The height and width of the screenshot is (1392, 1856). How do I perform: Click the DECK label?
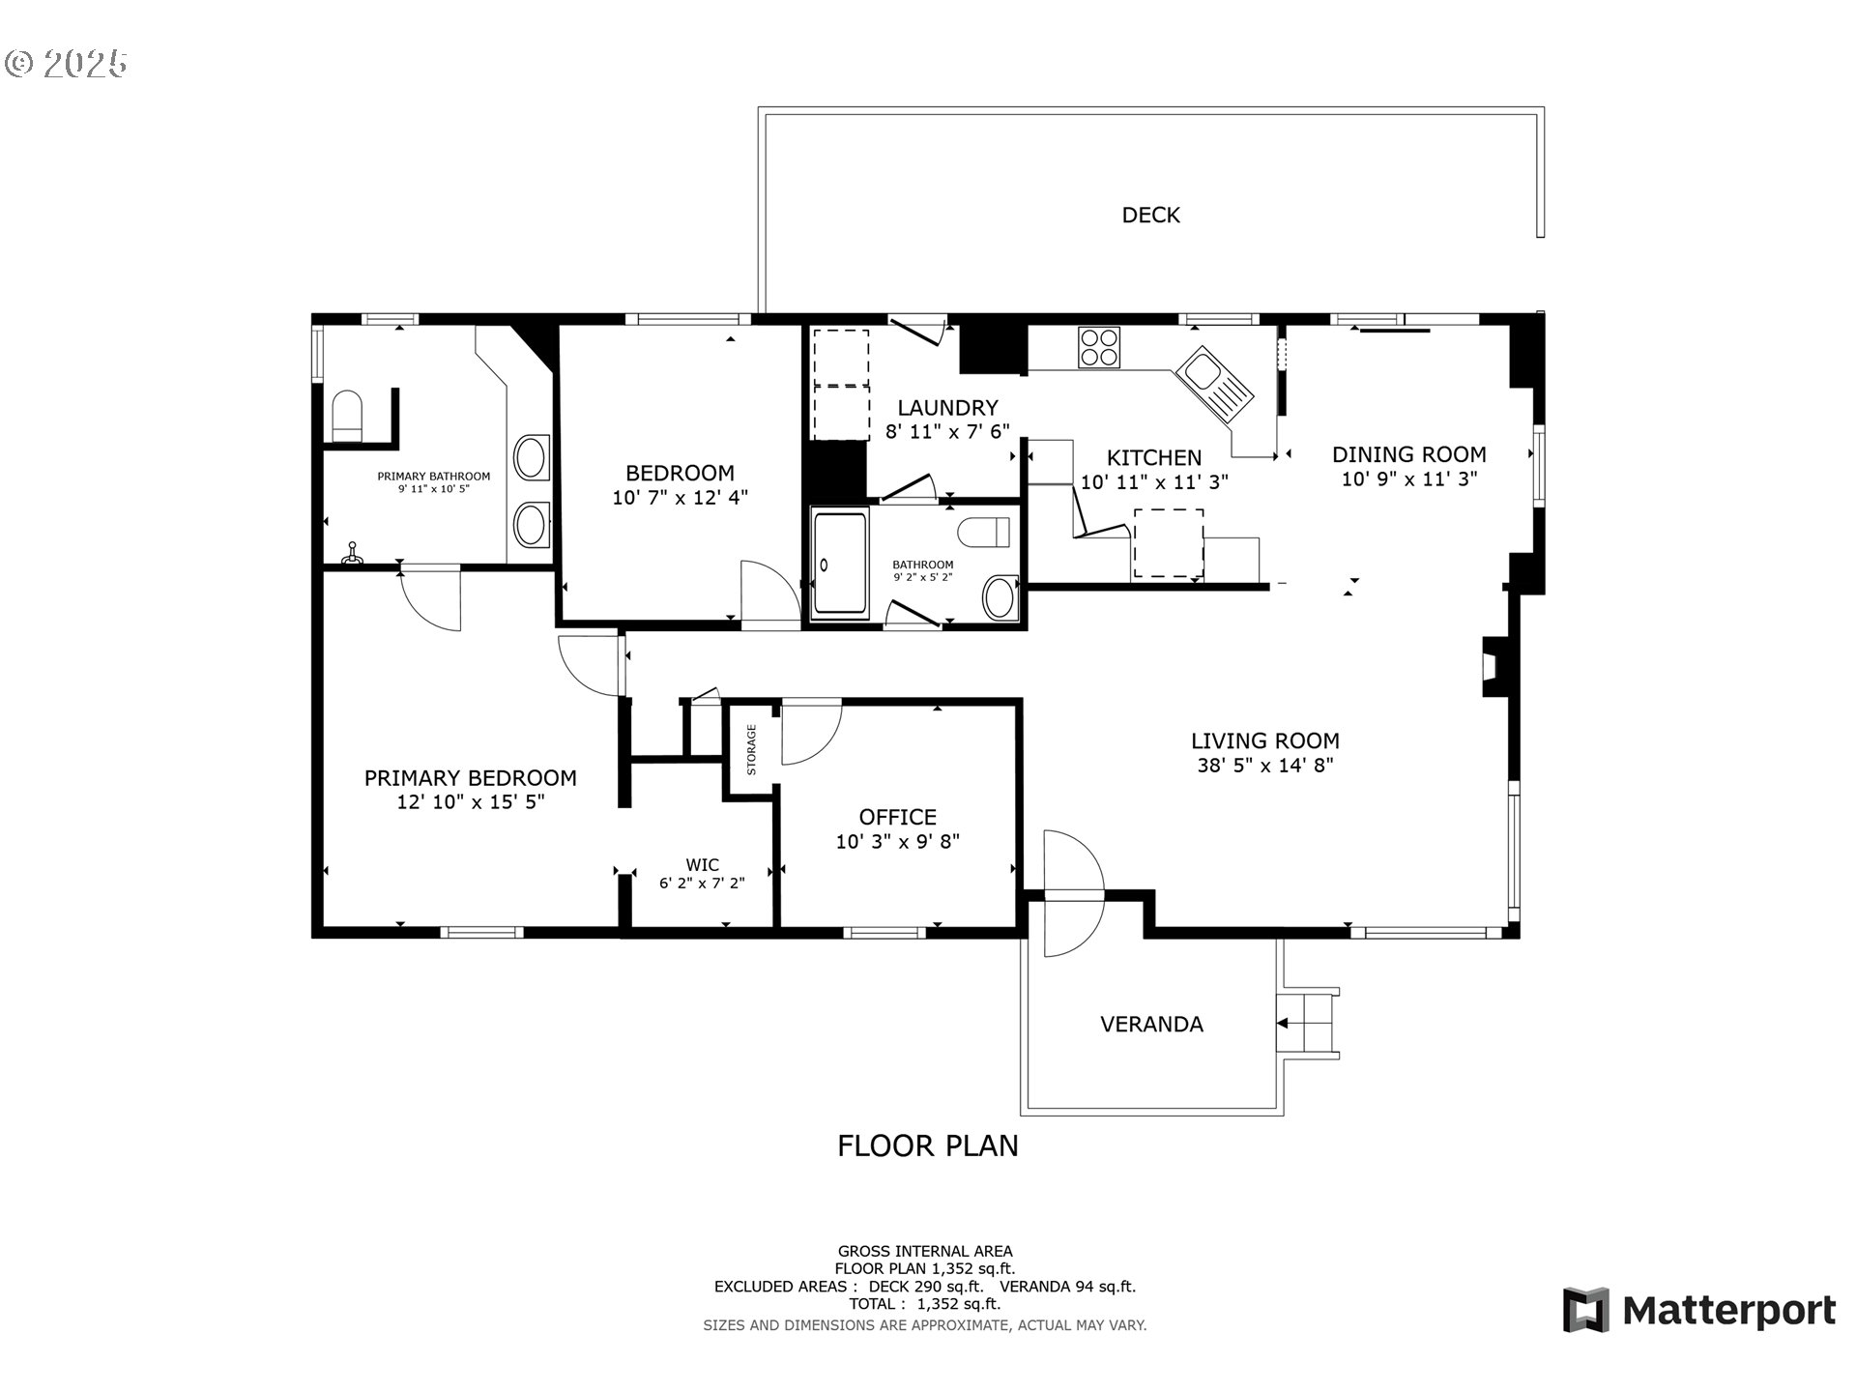tap(1150, 215)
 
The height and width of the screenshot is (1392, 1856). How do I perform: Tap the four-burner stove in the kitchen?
tap(1099, 347)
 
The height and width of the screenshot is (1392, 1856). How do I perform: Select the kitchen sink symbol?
tap(1214, 386)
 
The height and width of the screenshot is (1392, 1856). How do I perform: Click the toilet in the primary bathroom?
tap(346, 417)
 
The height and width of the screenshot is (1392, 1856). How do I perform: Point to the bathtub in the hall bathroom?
tap(840, 564)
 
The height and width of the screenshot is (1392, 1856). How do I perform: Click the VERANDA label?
tap(1151, 1025)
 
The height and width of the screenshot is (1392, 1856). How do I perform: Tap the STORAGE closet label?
tap(751, 750)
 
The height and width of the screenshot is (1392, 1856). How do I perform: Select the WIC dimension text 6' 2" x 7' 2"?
tap(702, 883)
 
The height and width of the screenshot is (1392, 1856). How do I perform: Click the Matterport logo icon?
tap(1586, 1310)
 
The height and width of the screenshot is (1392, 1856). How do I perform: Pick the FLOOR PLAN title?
tap(928, 1145)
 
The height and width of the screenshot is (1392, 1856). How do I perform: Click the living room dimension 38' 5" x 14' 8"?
tap(1265, 766)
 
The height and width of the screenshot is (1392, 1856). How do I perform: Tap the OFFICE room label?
tap(898, 817)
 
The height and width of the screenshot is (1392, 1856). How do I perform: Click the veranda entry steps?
tap(1309, 1023)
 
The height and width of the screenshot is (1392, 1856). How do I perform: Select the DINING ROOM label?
tap(1409, 454)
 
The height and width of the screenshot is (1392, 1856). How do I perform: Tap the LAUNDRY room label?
tap(947, 408)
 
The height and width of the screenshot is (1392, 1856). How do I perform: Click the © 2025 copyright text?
tap(66, 64)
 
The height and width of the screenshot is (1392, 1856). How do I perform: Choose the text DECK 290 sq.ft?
tap(926, 1287)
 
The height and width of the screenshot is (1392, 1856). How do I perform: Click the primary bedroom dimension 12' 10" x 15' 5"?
tap(471, 802)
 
